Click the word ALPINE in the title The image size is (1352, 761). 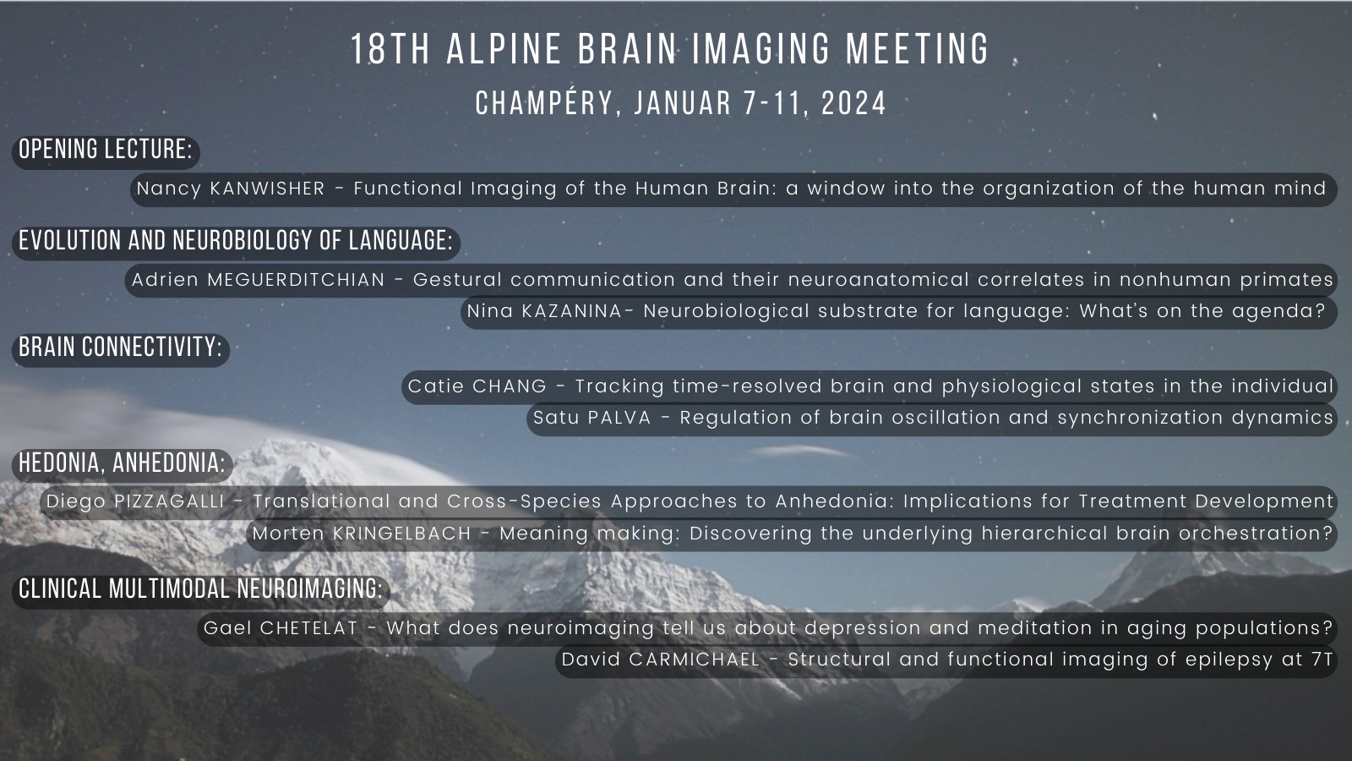504,49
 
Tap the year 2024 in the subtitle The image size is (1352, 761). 854,103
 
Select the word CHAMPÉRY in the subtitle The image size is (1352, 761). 545,102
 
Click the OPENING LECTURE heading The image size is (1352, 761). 106,149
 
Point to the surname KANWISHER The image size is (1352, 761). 267,189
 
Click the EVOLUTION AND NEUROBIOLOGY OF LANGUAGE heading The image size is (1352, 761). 236,240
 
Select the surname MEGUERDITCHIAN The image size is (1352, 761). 296,280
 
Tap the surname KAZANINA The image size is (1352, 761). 571,311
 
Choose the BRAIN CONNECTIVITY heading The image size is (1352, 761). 121,348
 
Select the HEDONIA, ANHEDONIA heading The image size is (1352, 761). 122,463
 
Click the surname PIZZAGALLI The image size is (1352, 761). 169,501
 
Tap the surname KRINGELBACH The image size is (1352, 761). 402,534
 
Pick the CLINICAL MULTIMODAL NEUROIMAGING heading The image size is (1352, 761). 200,589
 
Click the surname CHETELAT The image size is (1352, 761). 309,628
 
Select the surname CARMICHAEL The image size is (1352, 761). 694,660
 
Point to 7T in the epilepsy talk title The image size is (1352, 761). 1322,660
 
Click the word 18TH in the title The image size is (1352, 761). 390,49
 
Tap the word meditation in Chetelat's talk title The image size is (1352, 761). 1035,628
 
